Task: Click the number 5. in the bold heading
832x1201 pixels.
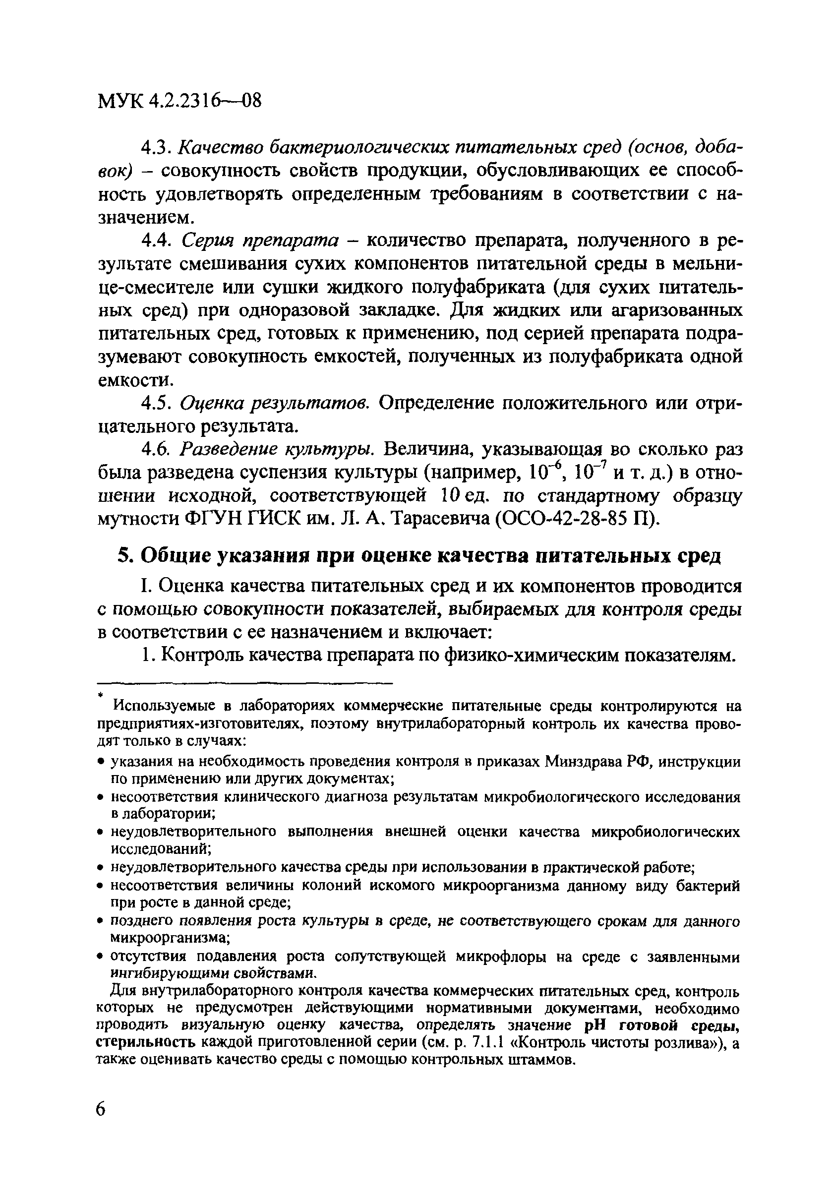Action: [123, 556]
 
